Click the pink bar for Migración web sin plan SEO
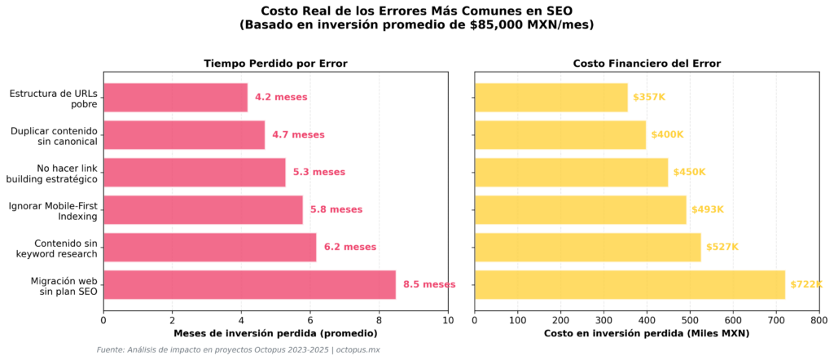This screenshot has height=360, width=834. coord(249,284)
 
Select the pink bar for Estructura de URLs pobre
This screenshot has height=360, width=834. coord(175,97)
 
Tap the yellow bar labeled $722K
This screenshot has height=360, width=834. coord(629,284)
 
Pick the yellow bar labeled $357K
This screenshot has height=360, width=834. coord(551,97)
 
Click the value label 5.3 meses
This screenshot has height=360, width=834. coord(318,172)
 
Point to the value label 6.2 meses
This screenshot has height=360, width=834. coord(349,247)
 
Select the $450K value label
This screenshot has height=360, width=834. coord(689,172)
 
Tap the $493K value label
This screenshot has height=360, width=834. coord(707,209)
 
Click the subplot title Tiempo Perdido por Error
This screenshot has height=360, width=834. coord(275,64)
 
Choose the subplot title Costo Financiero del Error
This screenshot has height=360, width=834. coord(647,64)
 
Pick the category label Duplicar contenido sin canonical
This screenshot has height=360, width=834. coord(54,135)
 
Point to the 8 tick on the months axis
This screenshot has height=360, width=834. coord(379,318)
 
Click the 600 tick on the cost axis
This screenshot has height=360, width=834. coord(733,318)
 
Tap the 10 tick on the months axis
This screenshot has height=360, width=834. coord(447,318)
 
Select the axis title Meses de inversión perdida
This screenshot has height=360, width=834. coord(275,333)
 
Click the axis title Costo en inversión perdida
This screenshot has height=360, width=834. coord(647,333)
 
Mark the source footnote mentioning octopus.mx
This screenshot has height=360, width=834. coord(238,349)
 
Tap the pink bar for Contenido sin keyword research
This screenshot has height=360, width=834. coord(209,247)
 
